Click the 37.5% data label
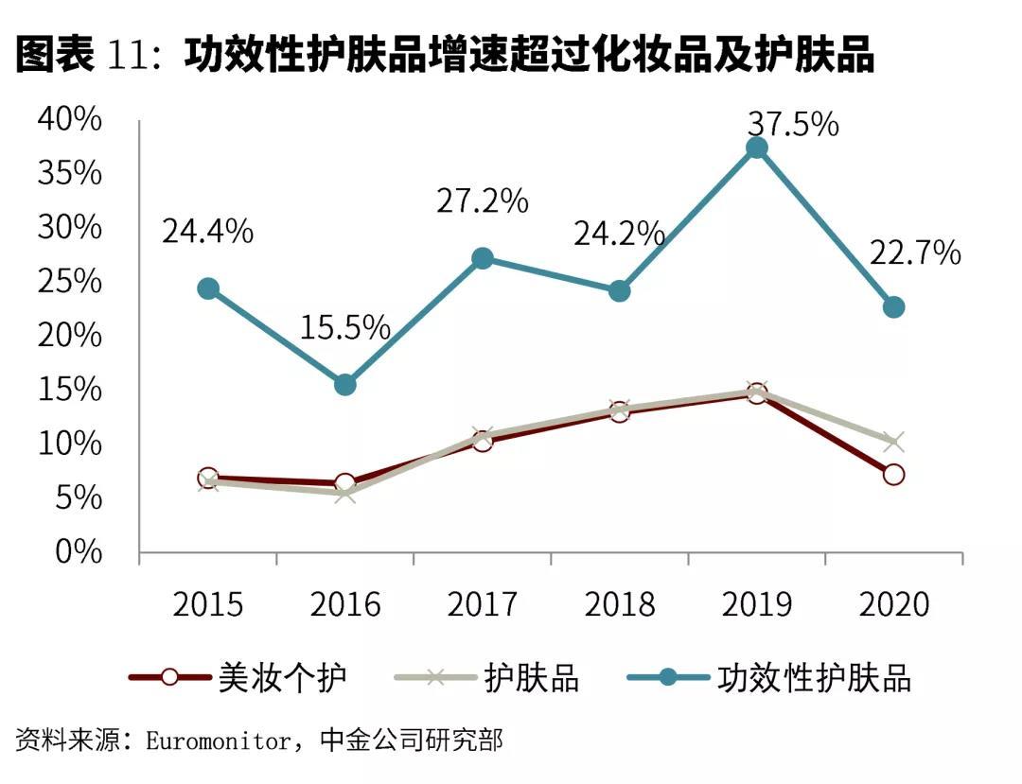(x=793, y=124)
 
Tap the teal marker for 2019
(x=756, y=148)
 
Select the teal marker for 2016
(x=345, y=384)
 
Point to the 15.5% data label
(x=345, y=327)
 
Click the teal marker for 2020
(x=893, y=307)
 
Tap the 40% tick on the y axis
(x=69, y=119)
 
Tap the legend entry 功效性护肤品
(x=814, y=677)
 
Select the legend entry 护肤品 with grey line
(x=531, y=677)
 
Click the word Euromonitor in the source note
(x=219, y=740)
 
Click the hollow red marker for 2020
(x=893, y=475)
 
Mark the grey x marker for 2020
(x=893, y=442)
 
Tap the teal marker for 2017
(x=483, y=258)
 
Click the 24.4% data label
(x=207, y=232)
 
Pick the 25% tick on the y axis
(x=69, y=281)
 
